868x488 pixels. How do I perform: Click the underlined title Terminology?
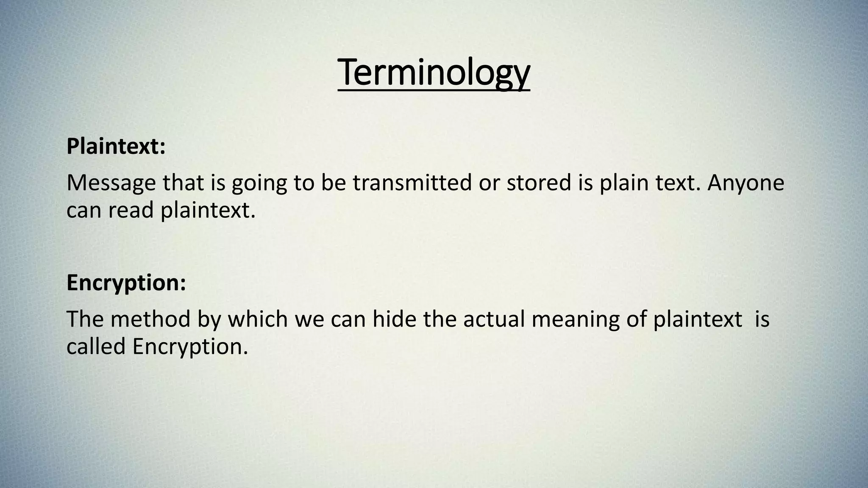click(x=434, y=73)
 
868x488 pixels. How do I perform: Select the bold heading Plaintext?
click(x=116, y=147)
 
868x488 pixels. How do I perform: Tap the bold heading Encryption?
click(x=126, y=283)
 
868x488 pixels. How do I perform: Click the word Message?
click(x=111, y=183)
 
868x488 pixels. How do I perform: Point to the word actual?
click(x=494, y=319)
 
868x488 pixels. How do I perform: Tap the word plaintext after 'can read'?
click(x=208, y=211)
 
